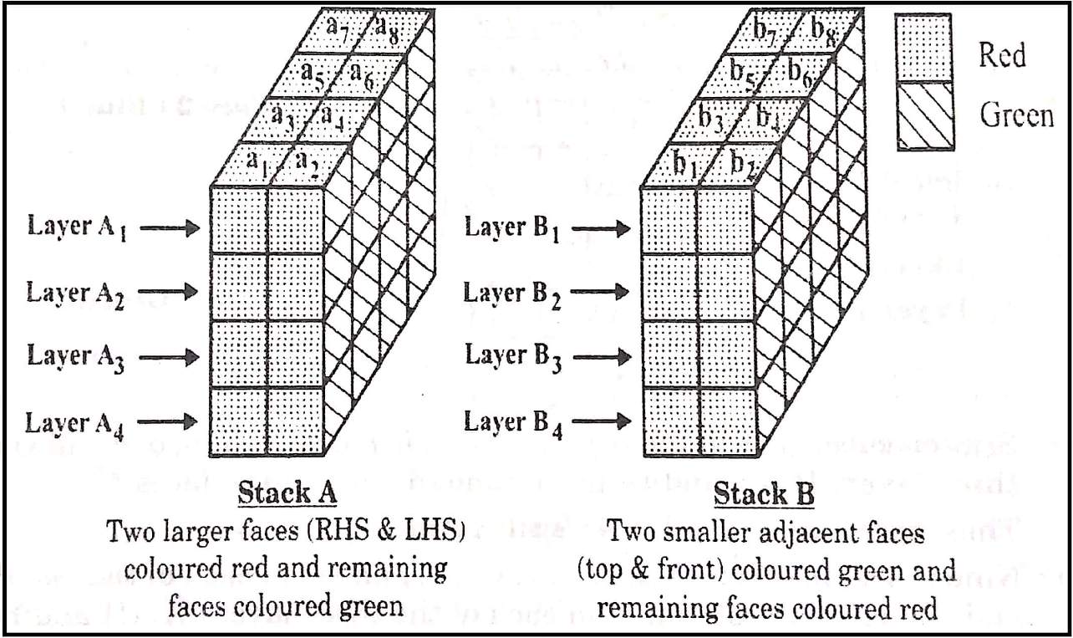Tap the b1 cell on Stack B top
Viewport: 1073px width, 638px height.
click(685, 164)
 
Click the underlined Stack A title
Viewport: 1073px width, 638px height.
click(287, 493)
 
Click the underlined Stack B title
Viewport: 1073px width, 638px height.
click(763, 493)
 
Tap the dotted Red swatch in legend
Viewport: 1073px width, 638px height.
click(923, 48)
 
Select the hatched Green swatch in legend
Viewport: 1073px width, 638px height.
click(923, 115)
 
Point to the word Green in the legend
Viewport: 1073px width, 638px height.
click(1016, 115)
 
